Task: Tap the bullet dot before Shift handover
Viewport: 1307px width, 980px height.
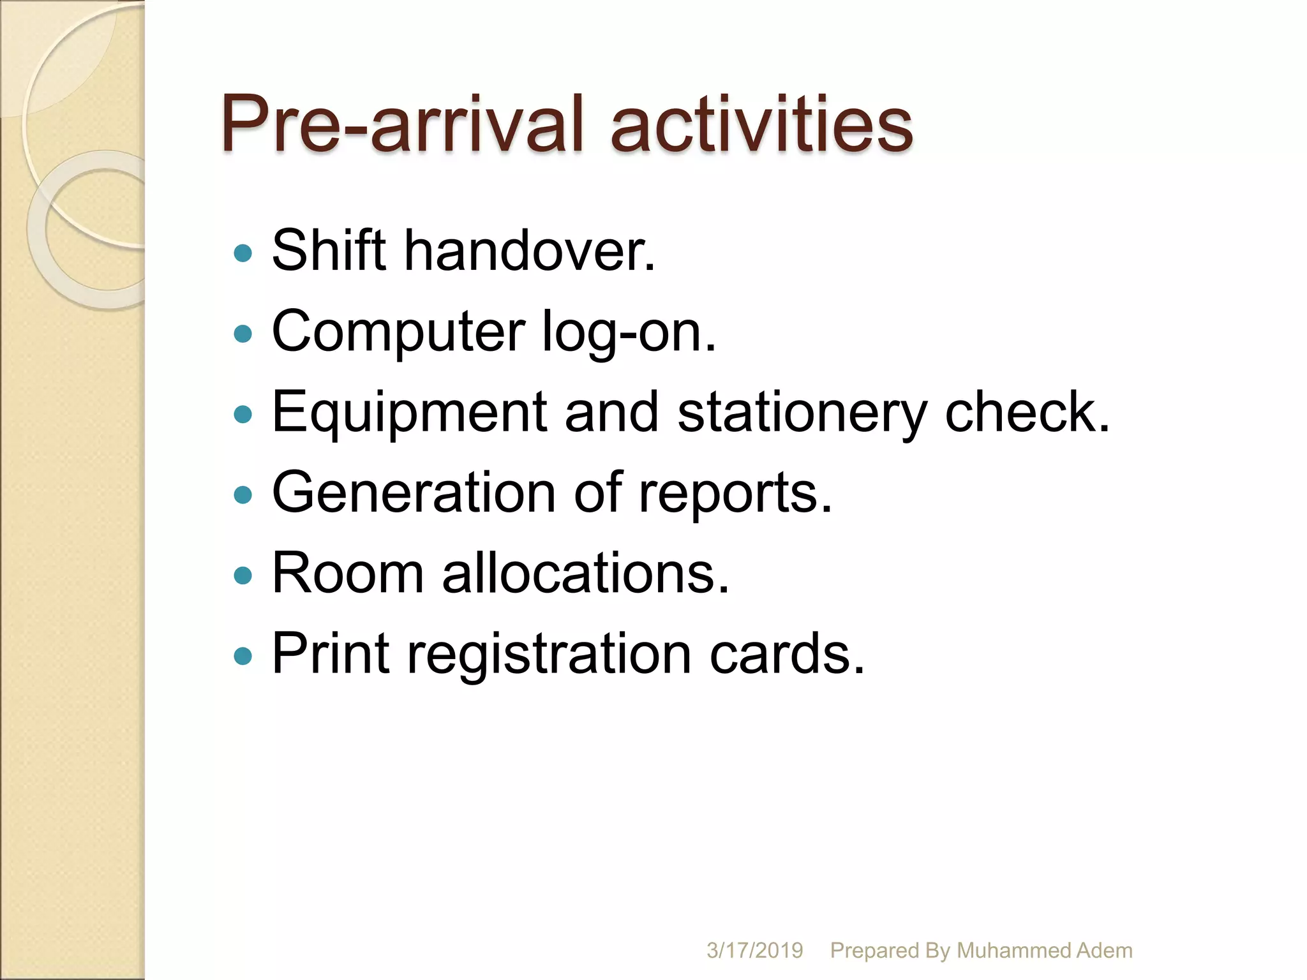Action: [x=243, y=254]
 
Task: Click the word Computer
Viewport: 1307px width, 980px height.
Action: [x=398, y=332]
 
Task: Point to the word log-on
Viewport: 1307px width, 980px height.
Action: [x=629, y=332]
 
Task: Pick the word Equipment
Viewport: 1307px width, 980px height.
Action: [x=409, y=413]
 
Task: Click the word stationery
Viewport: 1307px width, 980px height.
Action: [x=802, y=413]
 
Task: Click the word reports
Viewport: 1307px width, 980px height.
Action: [x=735, y=493]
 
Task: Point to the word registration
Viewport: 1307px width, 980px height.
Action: [x=549, y=653]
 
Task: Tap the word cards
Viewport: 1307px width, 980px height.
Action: [x=787, y=653]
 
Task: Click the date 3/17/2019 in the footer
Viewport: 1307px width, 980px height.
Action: [x=754, y=950]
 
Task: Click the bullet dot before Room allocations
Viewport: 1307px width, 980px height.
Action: [x=243, y=576]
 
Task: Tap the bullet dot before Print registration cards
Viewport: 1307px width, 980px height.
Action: [x=243, y=656]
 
